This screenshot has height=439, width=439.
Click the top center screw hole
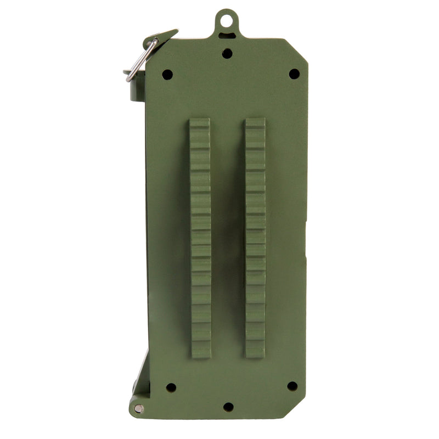[227, 53]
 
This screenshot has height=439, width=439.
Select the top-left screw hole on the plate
[167, 74]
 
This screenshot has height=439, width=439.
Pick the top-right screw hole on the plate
[294, 74]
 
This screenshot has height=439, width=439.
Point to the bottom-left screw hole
[171, 387]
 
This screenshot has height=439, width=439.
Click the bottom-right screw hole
[292, 386]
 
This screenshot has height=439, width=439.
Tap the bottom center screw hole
[228, 407]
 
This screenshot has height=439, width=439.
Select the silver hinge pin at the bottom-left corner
[138, 408]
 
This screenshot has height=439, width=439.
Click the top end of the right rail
[255, 122]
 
